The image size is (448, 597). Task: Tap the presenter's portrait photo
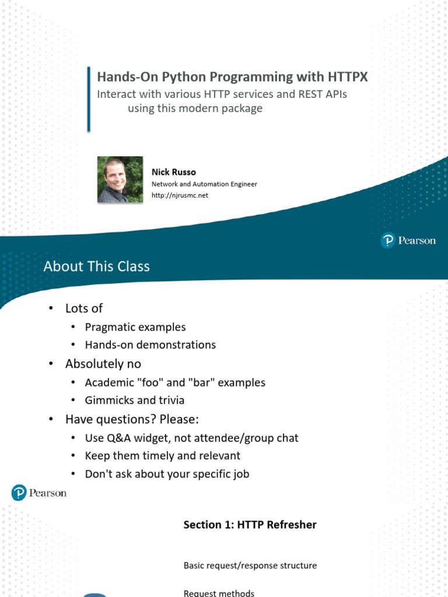(120, 180)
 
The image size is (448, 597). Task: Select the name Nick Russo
(174, 172)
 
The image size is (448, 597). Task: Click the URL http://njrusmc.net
(180, 195)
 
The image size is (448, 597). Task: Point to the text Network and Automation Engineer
(204, 184)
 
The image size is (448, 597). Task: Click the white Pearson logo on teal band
(408, 240)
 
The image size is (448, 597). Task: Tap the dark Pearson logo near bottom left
(39, 493)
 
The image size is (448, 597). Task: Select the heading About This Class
(96, 266)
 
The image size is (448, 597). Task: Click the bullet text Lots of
(84, 308)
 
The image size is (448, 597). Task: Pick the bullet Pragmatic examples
(135, 327)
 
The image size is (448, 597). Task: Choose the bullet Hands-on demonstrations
(150, 345)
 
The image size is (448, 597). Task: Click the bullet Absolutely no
(103, 364)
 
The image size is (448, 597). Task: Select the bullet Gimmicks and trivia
(135, 400)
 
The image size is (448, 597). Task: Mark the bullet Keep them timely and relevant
(163, 455)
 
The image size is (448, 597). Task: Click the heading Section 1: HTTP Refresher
(250, 525)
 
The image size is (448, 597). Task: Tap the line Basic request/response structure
(250, 566)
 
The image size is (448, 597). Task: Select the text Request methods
(219, 593)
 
